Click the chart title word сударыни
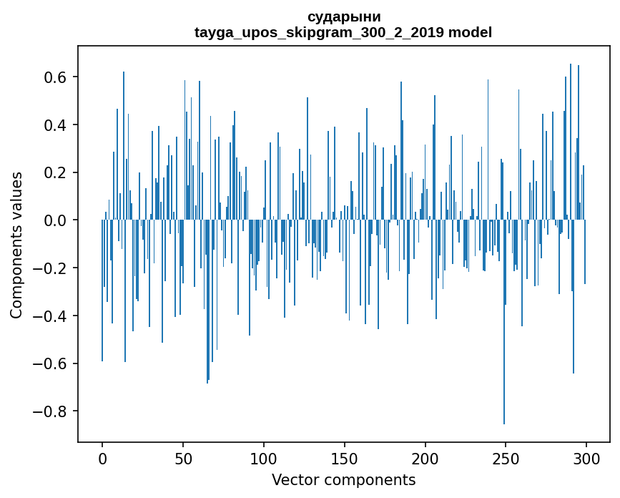(x=343, y=16)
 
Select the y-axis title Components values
(x=16, y=245)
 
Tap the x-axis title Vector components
(x=343, y=479)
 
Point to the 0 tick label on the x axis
(x=102, y=457)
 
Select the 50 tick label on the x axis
(x=183, y=457)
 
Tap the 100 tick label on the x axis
(x=264, y=457)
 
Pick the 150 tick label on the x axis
(x=344, y=457)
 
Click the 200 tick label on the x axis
(x=425, y=457)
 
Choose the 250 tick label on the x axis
(x=506, y=457)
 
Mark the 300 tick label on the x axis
(x=586, y=457)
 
